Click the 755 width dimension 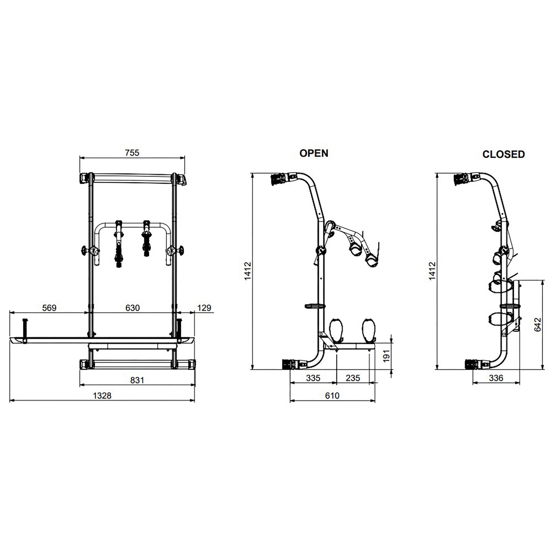[132, 153]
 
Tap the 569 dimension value [49, 308]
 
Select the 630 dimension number [132, 308]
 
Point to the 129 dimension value [204, 308]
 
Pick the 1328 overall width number [102, 396]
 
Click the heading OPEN [314, 153]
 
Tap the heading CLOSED [504, 154]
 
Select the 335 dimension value [313, 378]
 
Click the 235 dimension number [353, 378]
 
